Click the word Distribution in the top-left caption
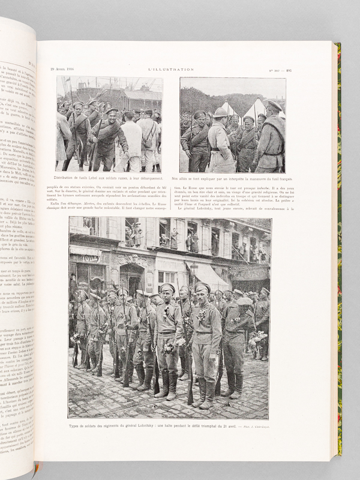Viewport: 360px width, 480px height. (71, 179)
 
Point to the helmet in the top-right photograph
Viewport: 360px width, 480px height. (221, 112)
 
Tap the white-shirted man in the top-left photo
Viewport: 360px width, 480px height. (133, 138)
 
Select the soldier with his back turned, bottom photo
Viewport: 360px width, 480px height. (238, 336)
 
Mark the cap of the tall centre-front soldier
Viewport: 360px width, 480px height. (167, 289)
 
